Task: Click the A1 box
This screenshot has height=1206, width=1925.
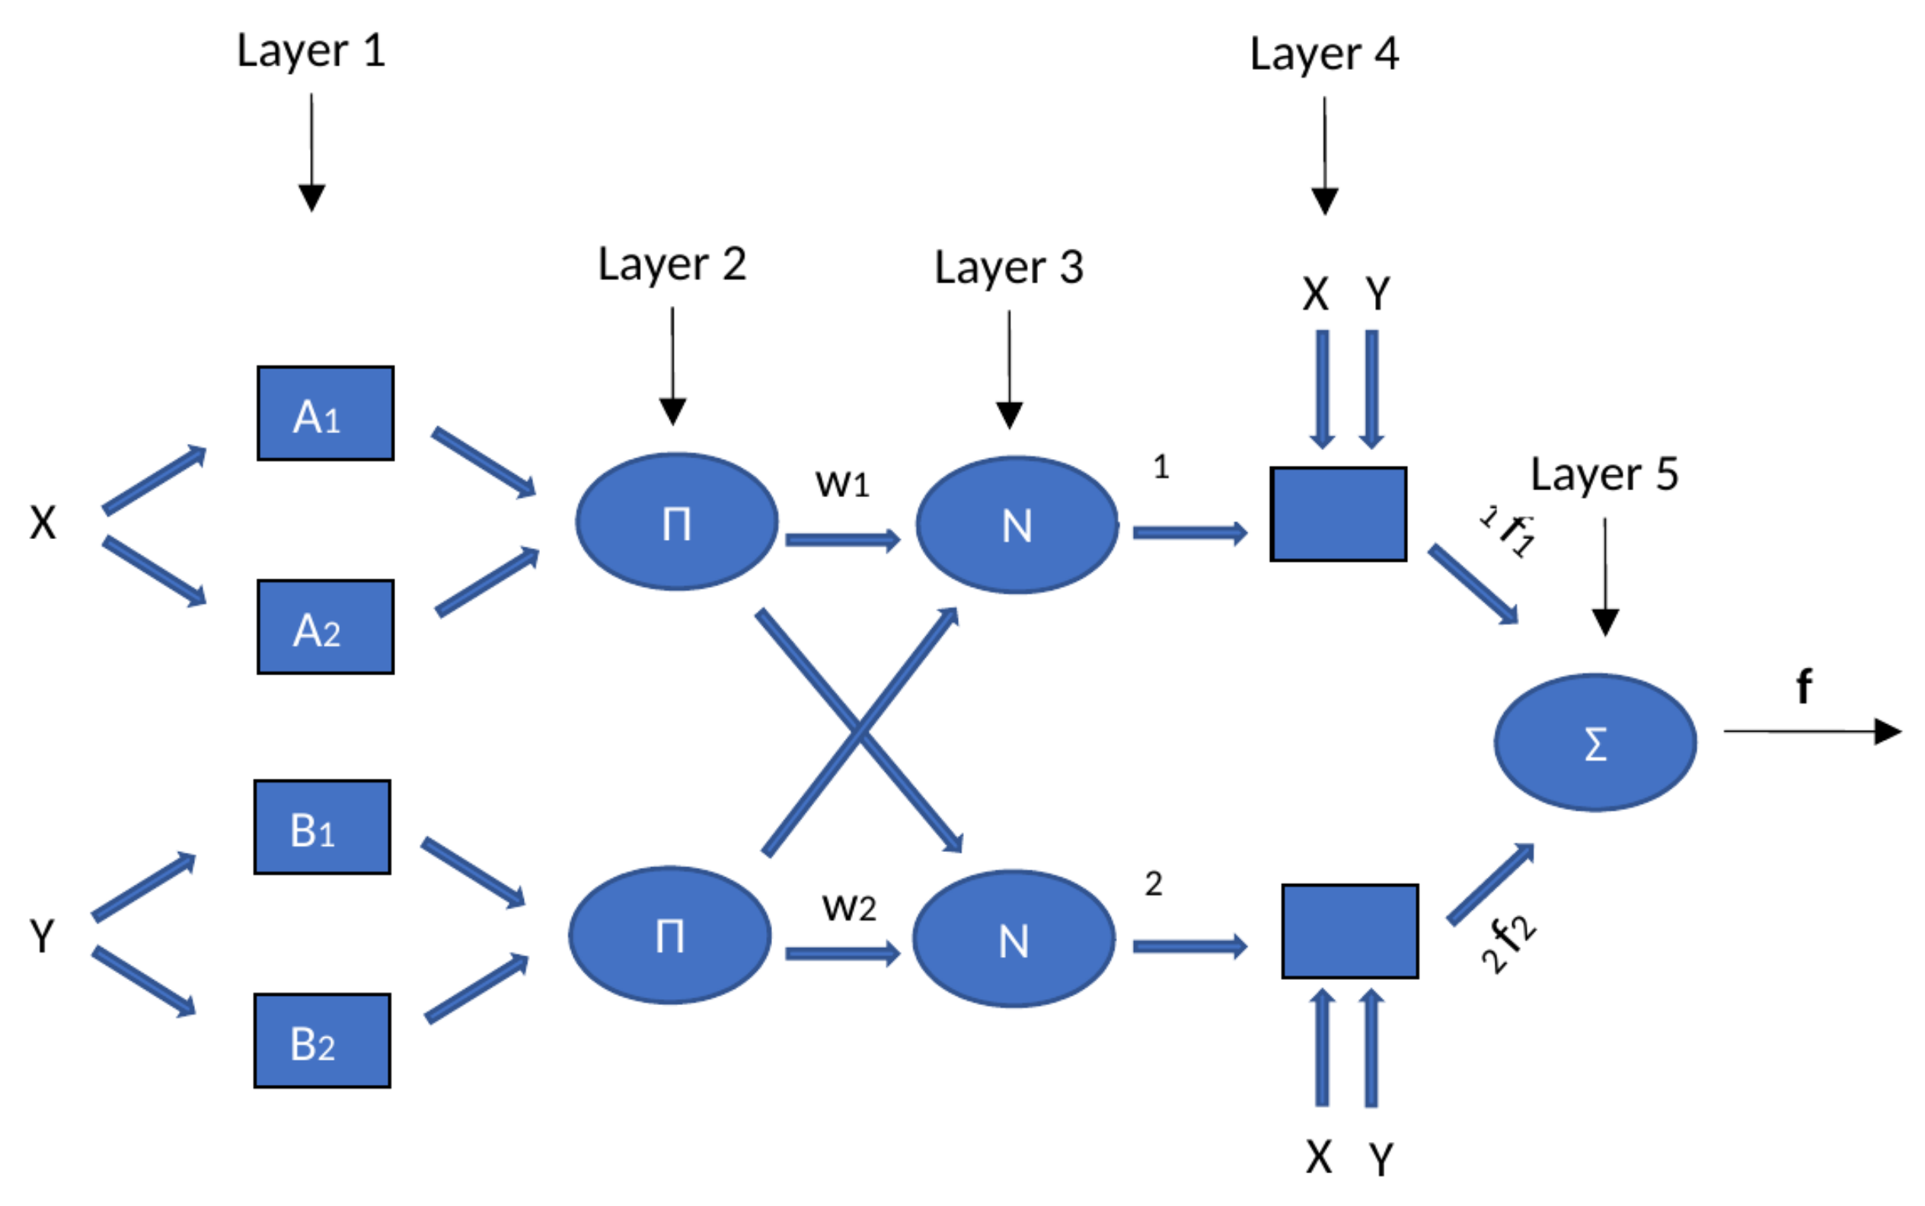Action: (x=324, y=413)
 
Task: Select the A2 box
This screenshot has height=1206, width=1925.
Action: (x=324, y=627)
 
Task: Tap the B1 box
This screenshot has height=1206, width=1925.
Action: (x=321, y=827)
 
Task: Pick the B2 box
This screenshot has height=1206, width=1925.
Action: (x=321, y=1041)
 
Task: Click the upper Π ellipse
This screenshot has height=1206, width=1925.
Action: (x=676, y=522)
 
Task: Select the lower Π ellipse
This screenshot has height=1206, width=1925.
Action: (x=670, y=935)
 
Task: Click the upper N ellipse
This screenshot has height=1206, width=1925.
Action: (x=1017, y=525)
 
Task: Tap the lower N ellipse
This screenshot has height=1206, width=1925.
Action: (x=1014, y=939)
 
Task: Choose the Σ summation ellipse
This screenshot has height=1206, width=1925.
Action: (x=1595, y=742)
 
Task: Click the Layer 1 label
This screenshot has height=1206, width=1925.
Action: (x=311, y=52)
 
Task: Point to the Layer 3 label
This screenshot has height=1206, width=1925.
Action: (x=1008, y=268)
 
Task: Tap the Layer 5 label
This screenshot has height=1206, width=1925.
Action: (x=1604, y=475)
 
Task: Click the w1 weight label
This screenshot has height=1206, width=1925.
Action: (x=841, y=483)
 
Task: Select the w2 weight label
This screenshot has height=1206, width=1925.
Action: (x=849, y=907)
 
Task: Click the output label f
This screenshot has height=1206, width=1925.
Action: (x=1804, y=686)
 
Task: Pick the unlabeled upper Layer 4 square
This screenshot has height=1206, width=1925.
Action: (x=1338, y=515)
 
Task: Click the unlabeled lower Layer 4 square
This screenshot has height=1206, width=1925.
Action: (x=1350, y=931)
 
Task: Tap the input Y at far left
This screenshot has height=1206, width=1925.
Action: (x=41, y=936)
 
